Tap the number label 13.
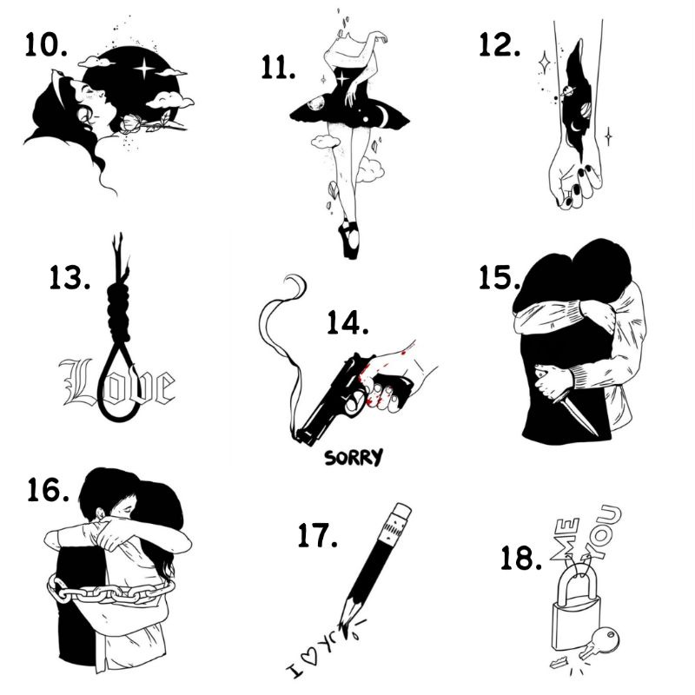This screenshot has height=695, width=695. [70, 280]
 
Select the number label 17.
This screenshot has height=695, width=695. [316, 536]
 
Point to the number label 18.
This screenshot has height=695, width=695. [520, 558]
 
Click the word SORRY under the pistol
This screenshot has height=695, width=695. [353, 457]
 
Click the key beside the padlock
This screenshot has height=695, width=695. [598, 645]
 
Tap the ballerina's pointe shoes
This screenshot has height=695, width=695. [349, 238]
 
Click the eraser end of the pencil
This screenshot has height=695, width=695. [400, 512]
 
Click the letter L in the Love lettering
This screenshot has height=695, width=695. [76, 382]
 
